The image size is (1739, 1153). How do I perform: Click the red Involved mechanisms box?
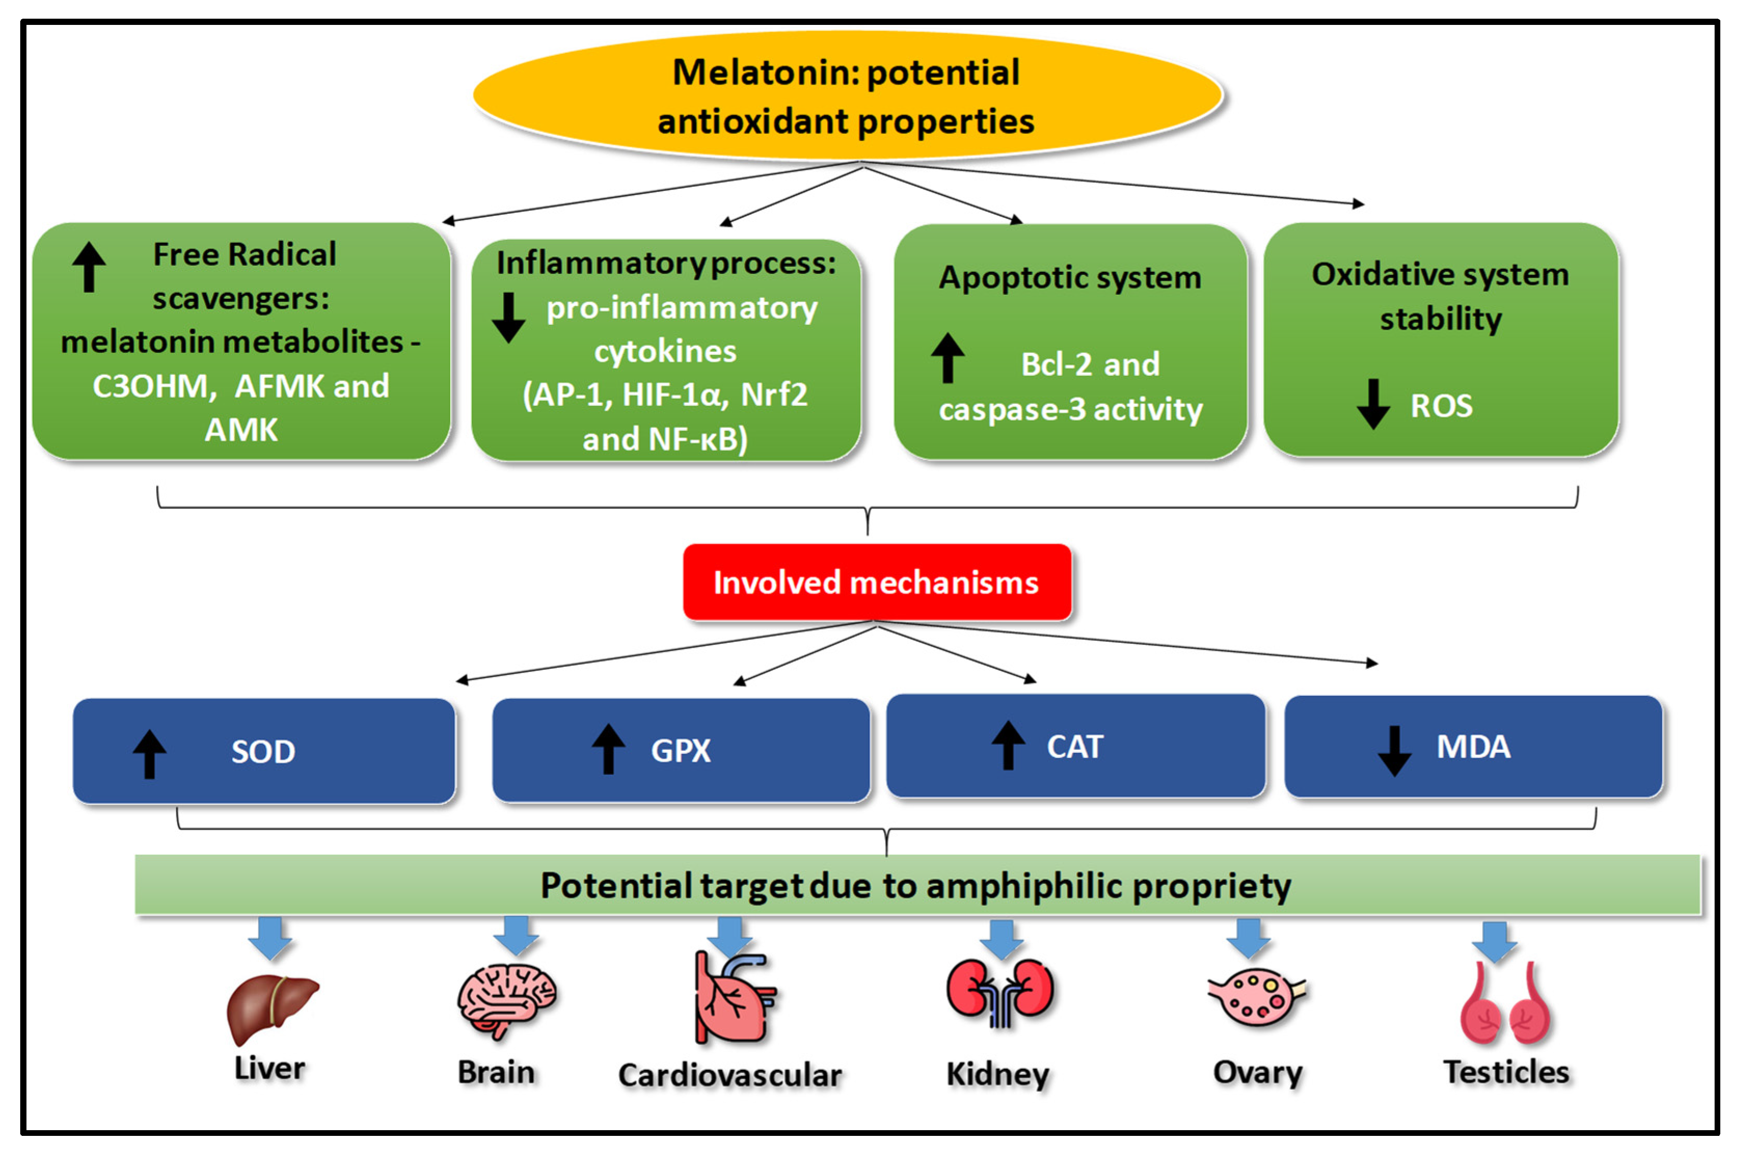pos(876,582)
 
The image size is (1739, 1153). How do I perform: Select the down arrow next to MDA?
pos(1394,750)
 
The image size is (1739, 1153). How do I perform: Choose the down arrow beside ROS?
pos(1373,404)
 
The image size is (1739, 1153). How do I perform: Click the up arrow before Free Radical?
pos(89,267)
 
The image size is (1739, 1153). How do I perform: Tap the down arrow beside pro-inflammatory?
pos(508,318)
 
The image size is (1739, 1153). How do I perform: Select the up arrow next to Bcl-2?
pos(947,358)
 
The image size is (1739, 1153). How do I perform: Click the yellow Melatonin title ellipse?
pos(847,95)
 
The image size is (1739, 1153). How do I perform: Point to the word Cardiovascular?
pos(730,1075)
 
